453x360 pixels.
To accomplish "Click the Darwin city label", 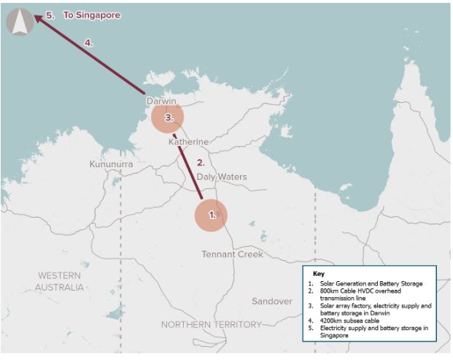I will coord(161,102).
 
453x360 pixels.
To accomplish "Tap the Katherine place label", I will coord(188,142).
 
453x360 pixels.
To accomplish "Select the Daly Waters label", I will coord(222,177).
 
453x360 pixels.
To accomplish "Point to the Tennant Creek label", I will coord(232,254).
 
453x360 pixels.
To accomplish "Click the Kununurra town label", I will coord(112,164).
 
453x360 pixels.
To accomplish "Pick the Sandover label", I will coord(271,301).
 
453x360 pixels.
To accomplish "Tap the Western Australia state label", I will coord(61,281).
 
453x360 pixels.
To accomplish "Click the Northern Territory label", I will coord(211,323).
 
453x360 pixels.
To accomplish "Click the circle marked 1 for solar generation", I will coord(212,215).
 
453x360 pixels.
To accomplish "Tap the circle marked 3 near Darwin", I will coord(168,117).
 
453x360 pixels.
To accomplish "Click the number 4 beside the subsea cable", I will coord(88,43).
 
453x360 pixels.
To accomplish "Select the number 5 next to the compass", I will coord(50,15).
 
